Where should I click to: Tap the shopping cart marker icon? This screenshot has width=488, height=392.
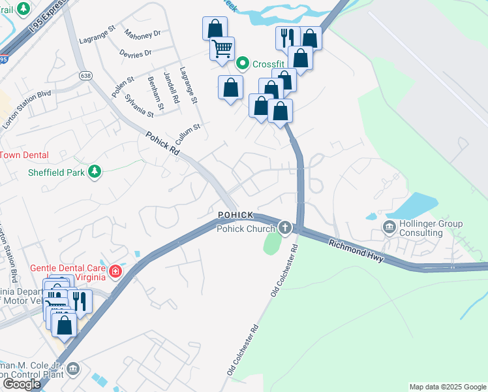pyautogui.click(x=222, y=49)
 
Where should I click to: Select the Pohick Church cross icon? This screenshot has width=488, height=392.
pyautogui.click(x=284, y=228)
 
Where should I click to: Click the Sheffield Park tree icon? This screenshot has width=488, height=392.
pyautogui.click(x=96, y=172)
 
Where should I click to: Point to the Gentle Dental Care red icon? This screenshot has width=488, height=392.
pyautogui.click(x=115, y=270)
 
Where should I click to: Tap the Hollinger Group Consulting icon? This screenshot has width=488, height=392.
pyautogui.click(x=389, y=227)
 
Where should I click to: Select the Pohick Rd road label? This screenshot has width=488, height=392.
pyautogui.click(x=162, y=144)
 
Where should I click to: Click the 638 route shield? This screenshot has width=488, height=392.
pyautogui.click(x=85, y=76)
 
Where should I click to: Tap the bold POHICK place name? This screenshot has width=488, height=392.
pyautogui.click(x=235, y=215)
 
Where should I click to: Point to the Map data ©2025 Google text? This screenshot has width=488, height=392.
pyautogui.click(x=447, y=387)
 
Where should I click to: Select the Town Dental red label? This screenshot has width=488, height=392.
pyautogui.click(x=25, y=155)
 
